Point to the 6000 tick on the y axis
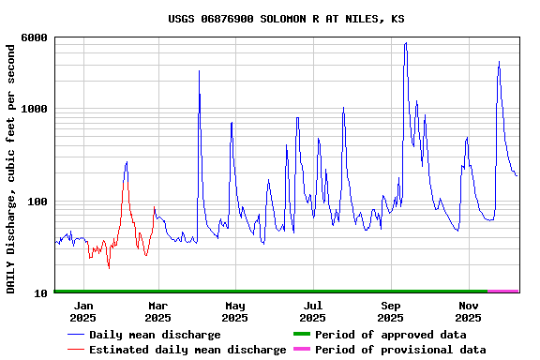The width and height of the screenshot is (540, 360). pyautogui.click(x=34, y=37)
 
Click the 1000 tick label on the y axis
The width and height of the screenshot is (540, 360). pyautogui.click(x=34, y=110)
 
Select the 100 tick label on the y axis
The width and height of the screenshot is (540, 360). pyautogui.click(x=37, y=202)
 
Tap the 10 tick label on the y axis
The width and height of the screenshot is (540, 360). pyautogui.click(x=40, y=293)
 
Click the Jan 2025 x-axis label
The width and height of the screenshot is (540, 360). pyautogui.click(x=83, y=311)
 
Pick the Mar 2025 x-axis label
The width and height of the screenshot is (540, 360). pyautogui.click(x=157, y=311)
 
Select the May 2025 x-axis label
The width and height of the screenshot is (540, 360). pyautogui.click(x=234, y=311)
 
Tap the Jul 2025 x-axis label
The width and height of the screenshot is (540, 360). pyautogui.click(x=312, y=311)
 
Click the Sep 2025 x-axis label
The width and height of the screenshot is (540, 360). pyautogui.click(x=391, y=311)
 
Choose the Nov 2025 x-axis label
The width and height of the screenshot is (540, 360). pyautogui.click(x=468, y=311)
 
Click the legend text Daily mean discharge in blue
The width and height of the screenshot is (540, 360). pyautogui.click(x=155, y=335)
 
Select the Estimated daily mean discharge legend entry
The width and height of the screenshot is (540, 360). pyautogui.click(x=187, y=350)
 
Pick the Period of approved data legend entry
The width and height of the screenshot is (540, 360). pyautogui.click(x=390, y=335)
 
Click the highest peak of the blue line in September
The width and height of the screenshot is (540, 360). pyautogui.click(x=405, y=43)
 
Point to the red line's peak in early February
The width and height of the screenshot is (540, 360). pyautogui.click(x=127, y=162)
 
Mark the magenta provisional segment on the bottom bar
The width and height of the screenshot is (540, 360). pyautogui.click(x=503, y=292)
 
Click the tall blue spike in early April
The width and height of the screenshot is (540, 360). pyautogui.click(x=199, y=71)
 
